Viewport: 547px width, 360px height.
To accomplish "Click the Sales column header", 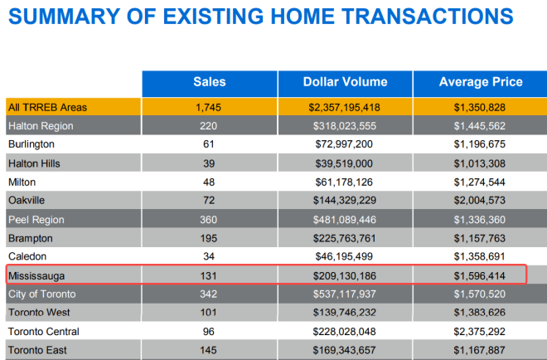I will pos(209,82).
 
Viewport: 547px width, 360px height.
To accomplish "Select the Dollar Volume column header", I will pos(345,82).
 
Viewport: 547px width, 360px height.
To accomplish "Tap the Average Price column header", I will pos(481,82).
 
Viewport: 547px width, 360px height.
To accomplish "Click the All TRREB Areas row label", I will pos(47,107).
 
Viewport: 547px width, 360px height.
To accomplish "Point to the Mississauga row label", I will pos(38,275).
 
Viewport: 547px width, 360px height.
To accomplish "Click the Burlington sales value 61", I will pos(209,144).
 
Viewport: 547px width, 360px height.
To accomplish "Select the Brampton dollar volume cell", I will pos(345,238).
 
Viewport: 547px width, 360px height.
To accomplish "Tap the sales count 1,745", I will pos(209,107).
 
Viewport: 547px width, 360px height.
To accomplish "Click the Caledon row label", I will pos(28,257).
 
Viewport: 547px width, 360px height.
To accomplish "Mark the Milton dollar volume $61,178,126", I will pos(345,182).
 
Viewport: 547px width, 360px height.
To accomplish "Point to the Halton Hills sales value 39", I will pos(209,163).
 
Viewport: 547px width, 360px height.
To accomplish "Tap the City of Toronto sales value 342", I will pos(209,294).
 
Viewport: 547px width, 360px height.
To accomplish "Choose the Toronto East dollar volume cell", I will pos(345,350).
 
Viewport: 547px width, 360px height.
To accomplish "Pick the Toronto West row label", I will pos(41,313).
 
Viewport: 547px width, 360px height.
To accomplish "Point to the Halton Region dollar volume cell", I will pos(345,126).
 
